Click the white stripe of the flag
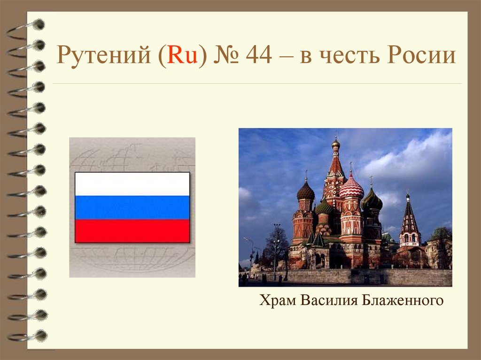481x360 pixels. click(132, 184)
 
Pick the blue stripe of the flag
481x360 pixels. click(132, 207)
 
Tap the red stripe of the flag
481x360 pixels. click(132, 231)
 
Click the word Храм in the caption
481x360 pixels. click(276, 300)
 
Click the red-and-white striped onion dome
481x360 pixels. click(351, 188)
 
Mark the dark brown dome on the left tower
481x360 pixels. click(306, 191)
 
